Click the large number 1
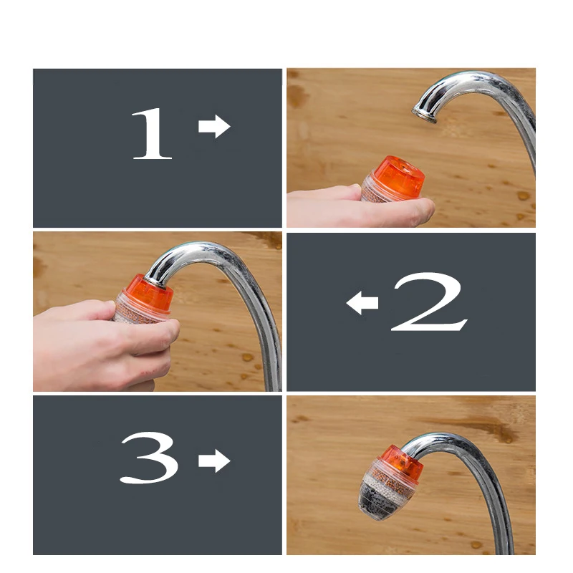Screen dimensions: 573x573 [x=152, y=134]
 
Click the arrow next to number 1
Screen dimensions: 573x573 [x=213, y=127]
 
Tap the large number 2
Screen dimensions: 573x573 [x=428, y=303]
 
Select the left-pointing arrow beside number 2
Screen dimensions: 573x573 [x=362, y=304]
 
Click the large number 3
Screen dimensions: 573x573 [x=148, y=459]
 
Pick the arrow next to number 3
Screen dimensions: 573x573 [x=213, y=461]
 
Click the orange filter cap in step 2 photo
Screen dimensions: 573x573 [x=148, y=292]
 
